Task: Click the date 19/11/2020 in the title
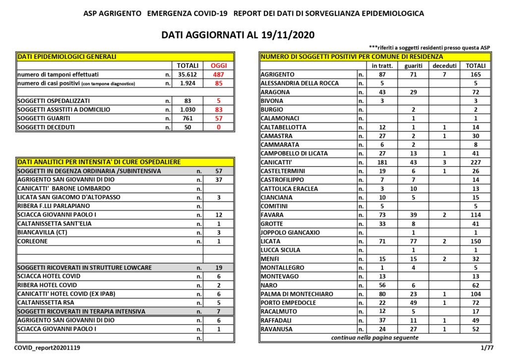point(288,35)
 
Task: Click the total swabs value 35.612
point(188,74)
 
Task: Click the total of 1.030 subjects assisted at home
point(188,109)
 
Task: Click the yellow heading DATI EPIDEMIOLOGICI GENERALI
point(66,57)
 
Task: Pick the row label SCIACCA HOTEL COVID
point(49,276)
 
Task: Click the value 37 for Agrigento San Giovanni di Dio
point(219,180)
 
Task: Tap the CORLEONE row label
point(33,241)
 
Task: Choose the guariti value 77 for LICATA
point(413,241)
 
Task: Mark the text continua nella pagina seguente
point(375,338)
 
